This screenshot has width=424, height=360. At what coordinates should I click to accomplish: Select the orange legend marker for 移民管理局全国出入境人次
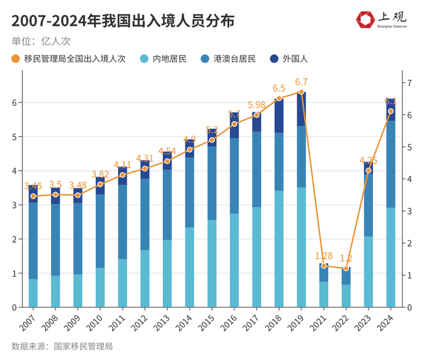point(16,59)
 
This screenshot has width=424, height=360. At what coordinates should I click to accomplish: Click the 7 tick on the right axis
point(410,83)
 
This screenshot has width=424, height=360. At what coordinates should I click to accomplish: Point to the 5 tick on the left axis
point(13,137)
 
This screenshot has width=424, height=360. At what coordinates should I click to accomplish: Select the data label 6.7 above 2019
point(301,82)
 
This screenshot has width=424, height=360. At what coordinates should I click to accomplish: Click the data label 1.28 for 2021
point(323,255)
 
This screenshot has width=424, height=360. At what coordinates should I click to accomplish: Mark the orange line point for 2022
point(346,268)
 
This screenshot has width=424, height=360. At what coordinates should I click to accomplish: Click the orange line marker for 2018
point(279,98)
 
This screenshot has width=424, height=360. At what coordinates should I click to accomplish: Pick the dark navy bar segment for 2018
point(279,116)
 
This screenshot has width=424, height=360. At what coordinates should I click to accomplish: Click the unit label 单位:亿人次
point(41,40)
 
